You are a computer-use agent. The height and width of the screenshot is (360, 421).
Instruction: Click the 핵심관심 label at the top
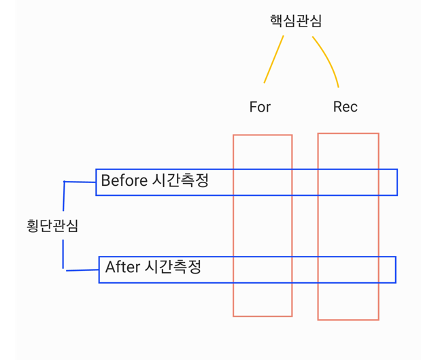[x=296, y=21]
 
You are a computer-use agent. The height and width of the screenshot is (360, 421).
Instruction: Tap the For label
[x=260, y=107]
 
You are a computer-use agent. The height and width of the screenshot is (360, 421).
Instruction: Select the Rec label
[x=345, y=107]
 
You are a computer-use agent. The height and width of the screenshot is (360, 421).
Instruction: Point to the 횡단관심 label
[x=52, y=225]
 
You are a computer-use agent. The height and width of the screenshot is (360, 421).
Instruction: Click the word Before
[x=123, y=180]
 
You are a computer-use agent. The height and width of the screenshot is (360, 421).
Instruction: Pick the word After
[x=122, y=267]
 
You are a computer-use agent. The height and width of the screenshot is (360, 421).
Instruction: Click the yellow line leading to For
[x=273, y=59]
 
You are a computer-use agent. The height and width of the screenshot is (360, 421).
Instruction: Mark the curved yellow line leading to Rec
[x=329, y=58]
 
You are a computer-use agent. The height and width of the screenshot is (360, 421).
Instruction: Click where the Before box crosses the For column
[x=263, y=182]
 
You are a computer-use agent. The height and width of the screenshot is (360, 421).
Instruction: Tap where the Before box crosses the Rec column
[x=348, y=182]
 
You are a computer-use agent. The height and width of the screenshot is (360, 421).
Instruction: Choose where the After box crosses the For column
[x=263, y=269]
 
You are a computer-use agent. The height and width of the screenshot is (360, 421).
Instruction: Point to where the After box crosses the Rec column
[x=348, y=269]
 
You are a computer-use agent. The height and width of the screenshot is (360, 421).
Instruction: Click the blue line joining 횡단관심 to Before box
[x=80, y=182]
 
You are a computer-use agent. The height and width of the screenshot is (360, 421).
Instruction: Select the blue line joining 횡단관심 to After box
[x=82, y=269]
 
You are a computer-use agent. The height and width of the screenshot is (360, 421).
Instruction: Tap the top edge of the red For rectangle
[x=263, y=135]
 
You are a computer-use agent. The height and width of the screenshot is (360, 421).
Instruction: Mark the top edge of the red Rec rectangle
[x=348, y=133]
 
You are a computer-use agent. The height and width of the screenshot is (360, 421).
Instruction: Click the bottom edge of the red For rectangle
[x=263, y=316]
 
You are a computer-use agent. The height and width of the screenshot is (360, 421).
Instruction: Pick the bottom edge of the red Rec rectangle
[x=348, y=319]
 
